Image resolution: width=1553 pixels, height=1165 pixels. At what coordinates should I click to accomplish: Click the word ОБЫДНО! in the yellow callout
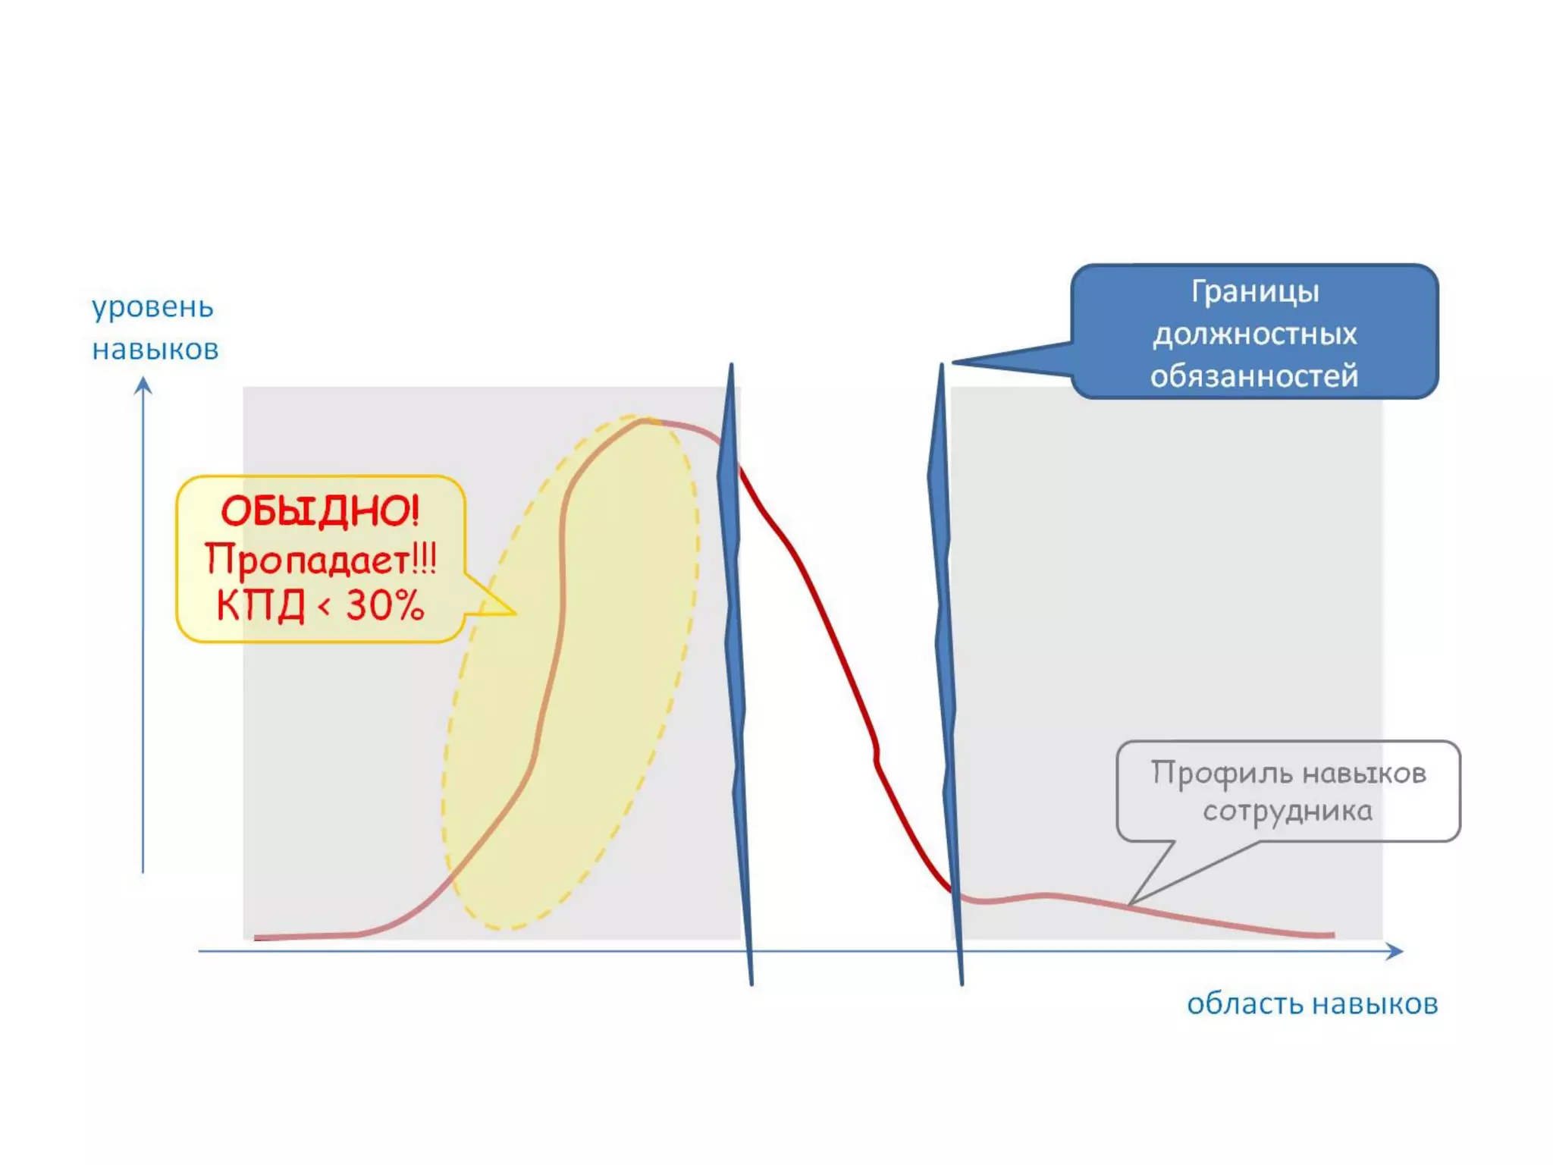click(x=320, y=511)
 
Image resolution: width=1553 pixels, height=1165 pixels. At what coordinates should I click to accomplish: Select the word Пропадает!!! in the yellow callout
click(x=320, y=560)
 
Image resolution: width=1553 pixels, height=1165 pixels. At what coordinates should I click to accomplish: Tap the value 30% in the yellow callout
click(x=384, y=606)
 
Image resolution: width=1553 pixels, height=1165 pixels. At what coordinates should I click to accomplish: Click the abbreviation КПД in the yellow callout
click(x=260, y=606)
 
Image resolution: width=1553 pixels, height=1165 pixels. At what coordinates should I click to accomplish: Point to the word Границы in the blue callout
click(x=1255, y=292)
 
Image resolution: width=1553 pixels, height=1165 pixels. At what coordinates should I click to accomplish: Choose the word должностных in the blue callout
click(x=1255, y=334)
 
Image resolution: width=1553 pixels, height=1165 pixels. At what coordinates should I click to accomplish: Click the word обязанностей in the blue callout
click(x=1254, y=376)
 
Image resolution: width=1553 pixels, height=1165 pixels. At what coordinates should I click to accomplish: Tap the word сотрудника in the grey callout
click(x=1288, y=812)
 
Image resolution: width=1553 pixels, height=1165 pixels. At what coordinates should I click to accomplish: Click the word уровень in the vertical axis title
click(x=152, y=308)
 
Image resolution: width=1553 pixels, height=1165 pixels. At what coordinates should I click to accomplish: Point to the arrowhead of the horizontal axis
click(x=1396, y=951)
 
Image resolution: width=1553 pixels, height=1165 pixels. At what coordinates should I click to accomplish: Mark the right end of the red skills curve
click(x=1332, y=935)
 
